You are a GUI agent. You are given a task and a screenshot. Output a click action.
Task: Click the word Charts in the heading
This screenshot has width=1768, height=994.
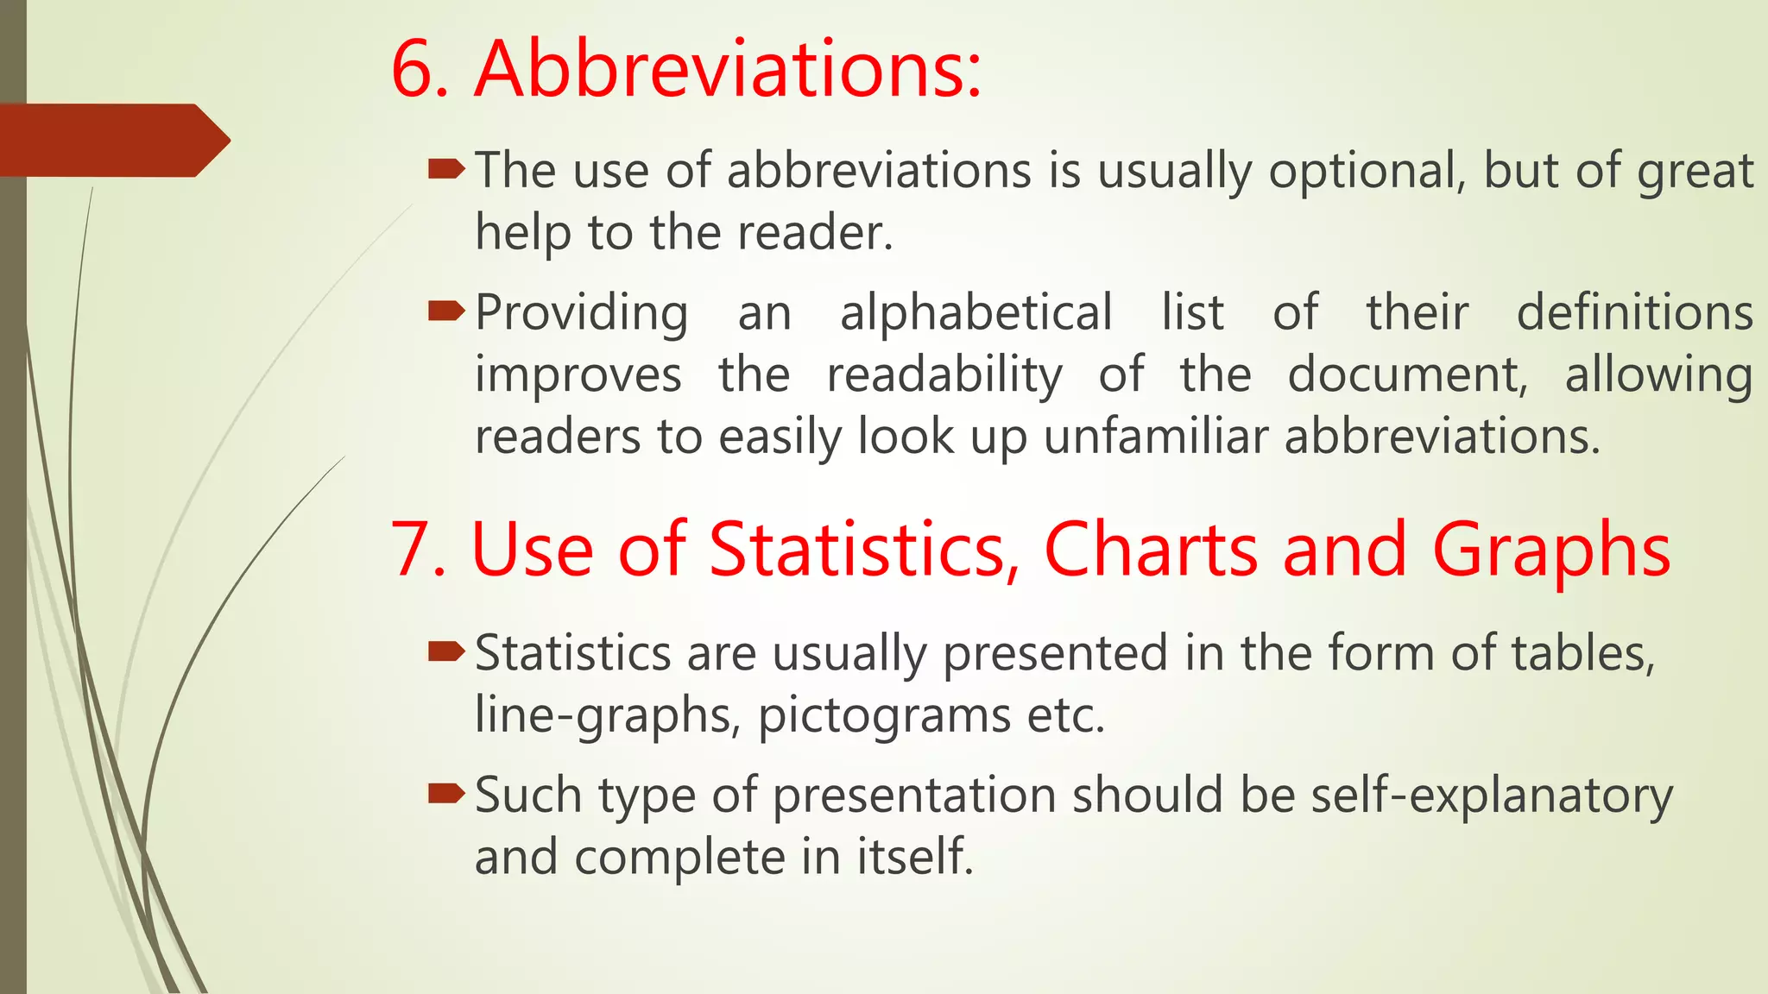click(1151, 550)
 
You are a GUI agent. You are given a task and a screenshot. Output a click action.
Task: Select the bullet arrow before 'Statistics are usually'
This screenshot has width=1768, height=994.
click(446, 651)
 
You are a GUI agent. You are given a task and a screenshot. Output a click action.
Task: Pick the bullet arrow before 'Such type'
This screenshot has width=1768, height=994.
click(446, 793)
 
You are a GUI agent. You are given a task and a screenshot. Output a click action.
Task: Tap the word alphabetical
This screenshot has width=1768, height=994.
click(976, 312)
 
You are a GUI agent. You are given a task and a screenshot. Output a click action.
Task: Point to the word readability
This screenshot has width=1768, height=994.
click(944, 375)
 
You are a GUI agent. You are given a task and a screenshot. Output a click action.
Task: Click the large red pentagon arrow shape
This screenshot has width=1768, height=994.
click(112, 140)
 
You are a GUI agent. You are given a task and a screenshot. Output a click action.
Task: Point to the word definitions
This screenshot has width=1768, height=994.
click(1634, 312)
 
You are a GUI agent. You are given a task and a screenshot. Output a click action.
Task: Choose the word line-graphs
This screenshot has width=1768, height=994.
click(603, 715)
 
